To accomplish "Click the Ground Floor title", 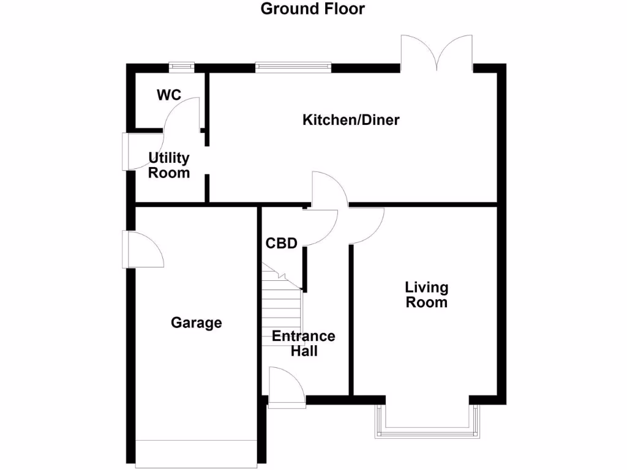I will [x=312, y=9].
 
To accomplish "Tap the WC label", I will [x=168, y=95].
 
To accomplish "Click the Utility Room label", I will [x=169, y=165].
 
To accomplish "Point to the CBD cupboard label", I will [x=281, y=244].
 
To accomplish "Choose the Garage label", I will [x=196, y=323].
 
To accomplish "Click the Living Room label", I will [x=426, y=294].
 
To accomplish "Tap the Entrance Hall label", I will [x=304, y=343].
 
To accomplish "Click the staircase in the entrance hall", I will [x=282, y=306].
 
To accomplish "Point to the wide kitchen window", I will [x=293, y=67].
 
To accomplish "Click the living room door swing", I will [x=366, y=225].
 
